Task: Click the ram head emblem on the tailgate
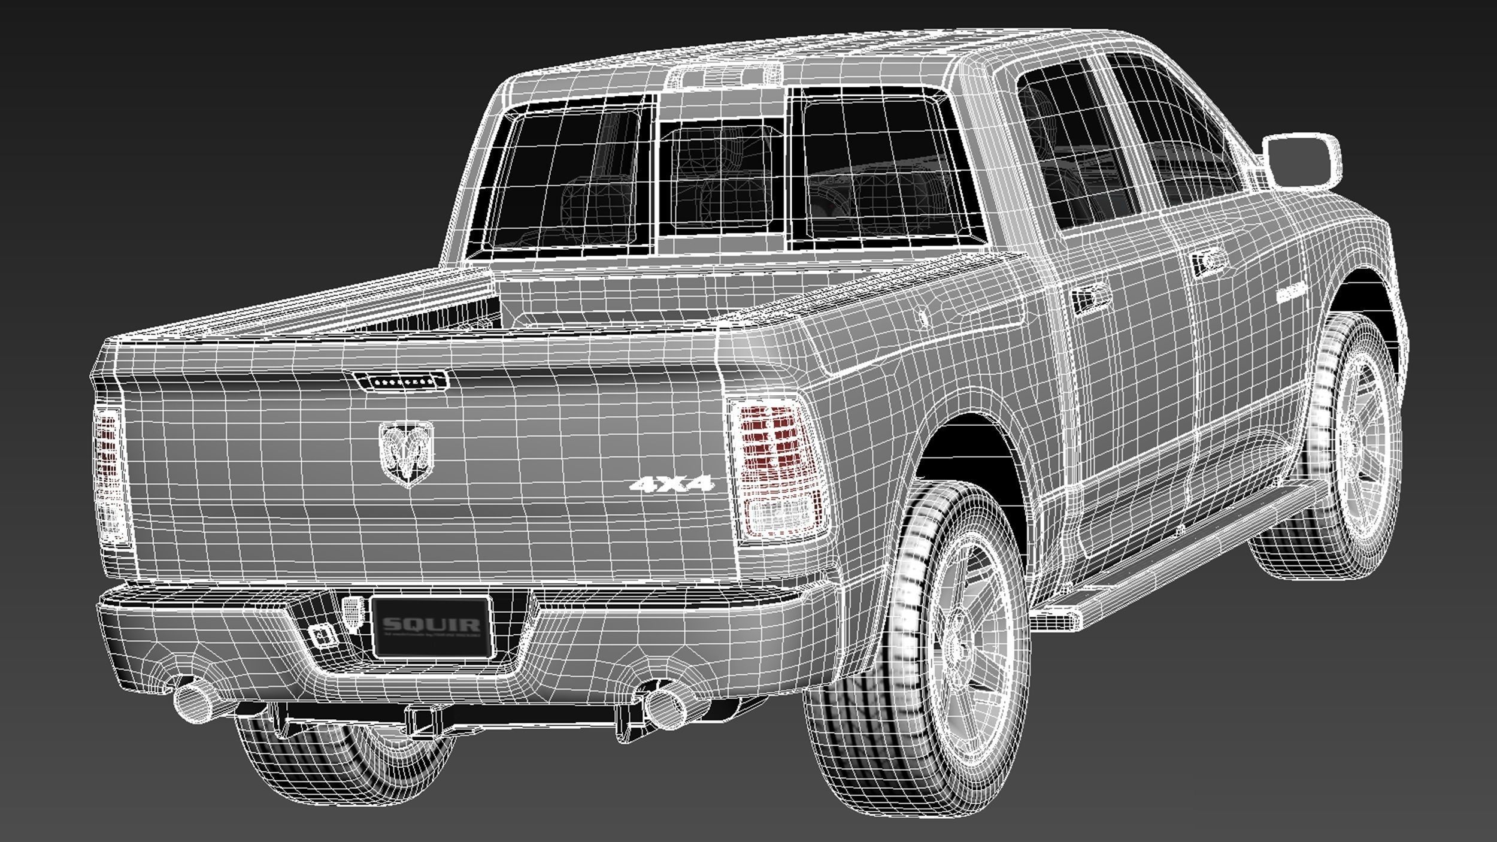click(x=405, y=453)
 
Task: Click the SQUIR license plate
click(x=431, y=626)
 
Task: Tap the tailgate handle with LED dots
click(x=400, y=380)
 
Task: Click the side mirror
click(x=1303, y=160)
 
